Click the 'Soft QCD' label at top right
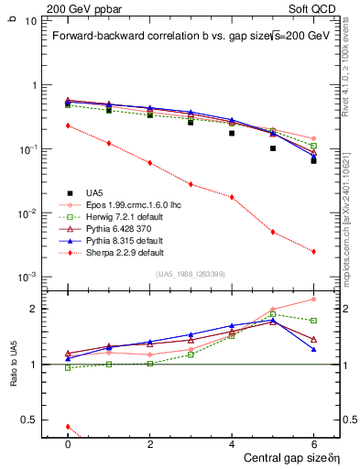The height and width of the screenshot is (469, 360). point(311,7)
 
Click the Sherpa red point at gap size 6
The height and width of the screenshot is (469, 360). point(313,251)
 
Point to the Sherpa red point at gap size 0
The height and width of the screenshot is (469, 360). point(68,125)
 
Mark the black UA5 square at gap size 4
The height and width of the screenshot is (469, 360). point(232,133)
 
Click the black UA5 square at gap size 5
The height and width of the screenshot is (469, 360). point(273,147)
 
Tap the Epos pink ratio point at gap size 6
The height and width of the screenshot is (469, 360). point(313,299)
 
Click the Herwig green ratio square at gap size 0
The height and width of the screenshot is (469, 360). point(68,367)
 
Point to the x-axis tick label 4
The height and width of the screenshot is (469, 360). point(232,442)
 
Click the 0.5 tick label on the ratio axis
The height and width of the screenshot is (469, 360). point(36,420)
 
